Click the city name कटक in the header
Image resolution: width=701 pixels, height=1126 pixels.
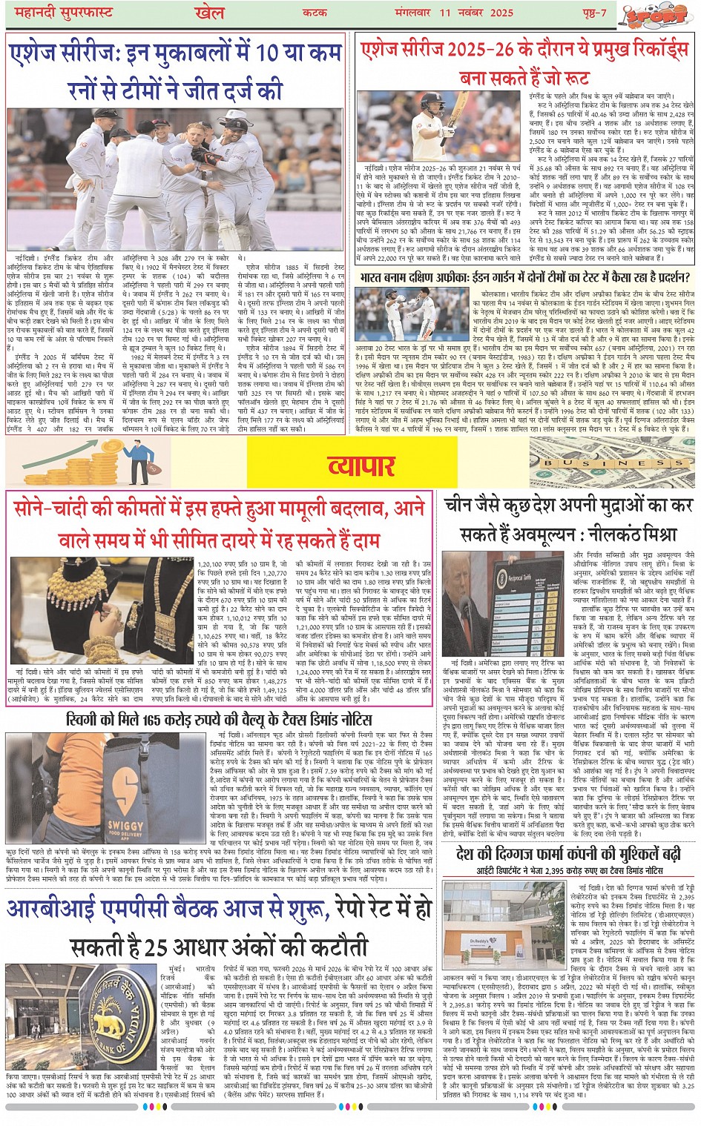315,13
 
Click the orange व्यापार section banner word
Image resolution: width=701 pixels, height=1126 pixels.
361,465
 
